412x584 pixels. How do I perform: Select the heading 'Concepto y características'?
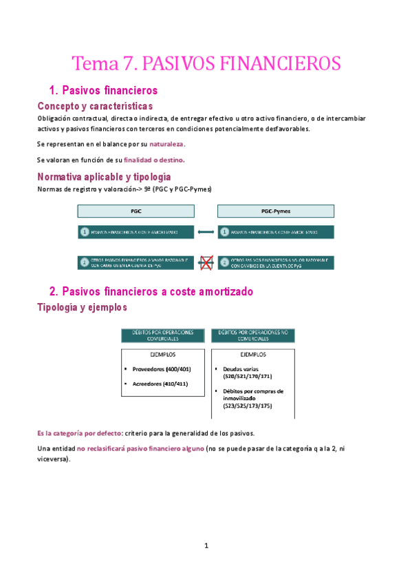point(94,106)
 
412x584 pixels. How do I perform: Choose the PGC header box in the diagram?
point(136,211)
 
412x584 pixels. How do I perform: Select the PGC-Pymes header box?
point(276,211)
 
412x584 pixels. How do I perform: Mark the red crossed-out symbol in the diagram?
point(206,262)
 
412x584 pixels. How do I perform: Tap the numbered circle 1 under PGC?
point(84,232)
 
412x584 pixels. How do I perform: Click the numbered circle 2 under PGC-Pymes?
point(224,262)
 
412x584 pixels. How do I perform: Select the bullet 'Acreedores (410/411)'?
point(158,384)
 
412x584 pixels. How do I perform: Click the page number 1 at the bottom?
point(206,546)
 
